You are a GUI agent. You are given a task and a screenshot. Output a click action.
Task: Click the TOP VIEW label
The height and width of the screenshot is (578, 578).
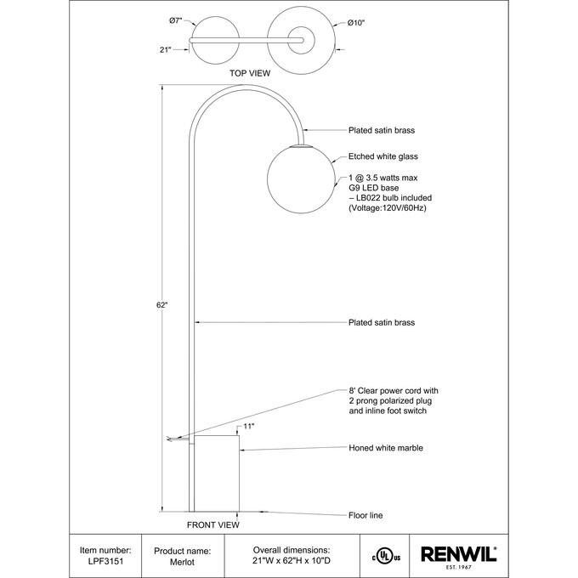250,74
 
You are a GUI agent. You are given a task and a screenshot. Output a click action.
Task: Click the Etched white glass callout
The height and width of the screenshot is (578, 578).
383,156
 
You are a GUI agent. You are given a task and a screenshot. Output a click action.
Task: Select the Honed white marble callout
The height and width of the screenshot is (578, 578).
386,447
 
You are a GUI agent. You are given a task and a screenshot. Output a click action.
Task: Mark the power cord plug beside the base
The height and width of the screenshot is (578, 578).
175,439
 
